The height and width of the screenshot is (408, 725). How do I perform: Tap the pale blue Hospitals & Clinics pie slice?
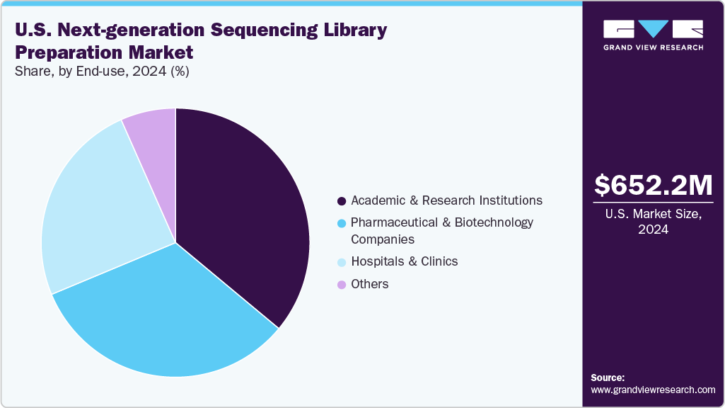click(x=99, y=212)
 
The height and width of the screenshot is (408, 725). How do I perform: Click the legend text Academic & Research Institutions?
click(x=446, y=200)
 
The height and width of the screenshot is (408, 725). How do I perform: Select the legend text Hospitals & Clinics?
click(x=404, y=261)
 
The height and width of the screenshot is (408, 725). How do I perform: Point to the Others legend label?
click(x=369, y=284)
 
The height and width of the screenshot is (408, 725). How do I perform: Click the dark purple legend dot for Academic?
click(x=342, y=201)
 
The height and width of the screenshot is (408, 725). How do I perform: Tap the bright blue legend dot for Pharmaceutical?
click(x=342, y=223)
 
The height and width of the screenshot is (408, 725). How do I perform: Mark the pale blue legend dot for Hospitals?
click(x=342, y=262)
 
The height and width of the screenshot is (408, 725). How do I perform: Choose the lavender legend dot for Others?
click(x=342, y=285)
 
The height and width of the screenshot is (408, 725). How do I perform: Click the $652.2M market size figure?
click(x=653, y=186)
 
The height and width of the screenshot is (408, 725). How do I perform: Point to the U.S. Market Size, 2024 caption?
click(x=653, y=222)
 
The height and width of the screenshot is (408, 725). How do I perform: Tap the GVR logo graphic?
click(x=653, y=29)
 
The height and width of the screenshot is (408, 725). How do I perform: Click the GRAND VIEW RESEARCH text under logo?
click(x=653, y=47)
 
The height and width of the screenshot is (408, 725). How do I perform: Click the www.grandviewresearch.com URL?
click(x=653, y=390)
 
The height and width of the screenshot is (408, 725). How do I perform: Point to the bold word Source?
click(x=608, y=378)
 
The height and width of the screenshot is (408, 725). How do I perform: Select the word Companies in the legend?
click(x=383, y=239)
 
